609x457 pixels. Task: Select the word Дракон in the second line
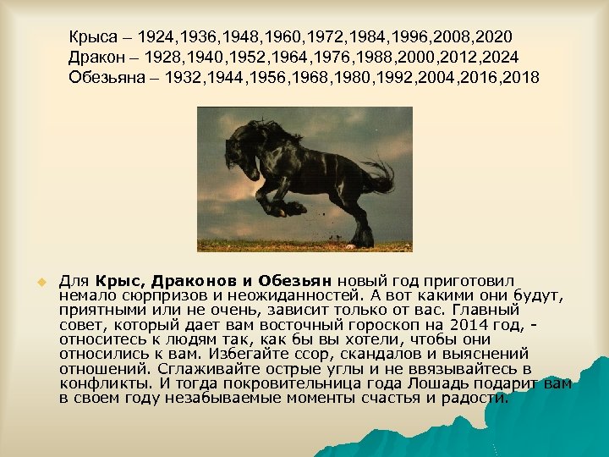tap(96, 58)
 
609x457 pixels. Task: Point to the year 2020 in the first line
tap(491, 38)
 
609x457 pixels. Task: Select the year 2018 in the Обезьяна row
tap(518, 78)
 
